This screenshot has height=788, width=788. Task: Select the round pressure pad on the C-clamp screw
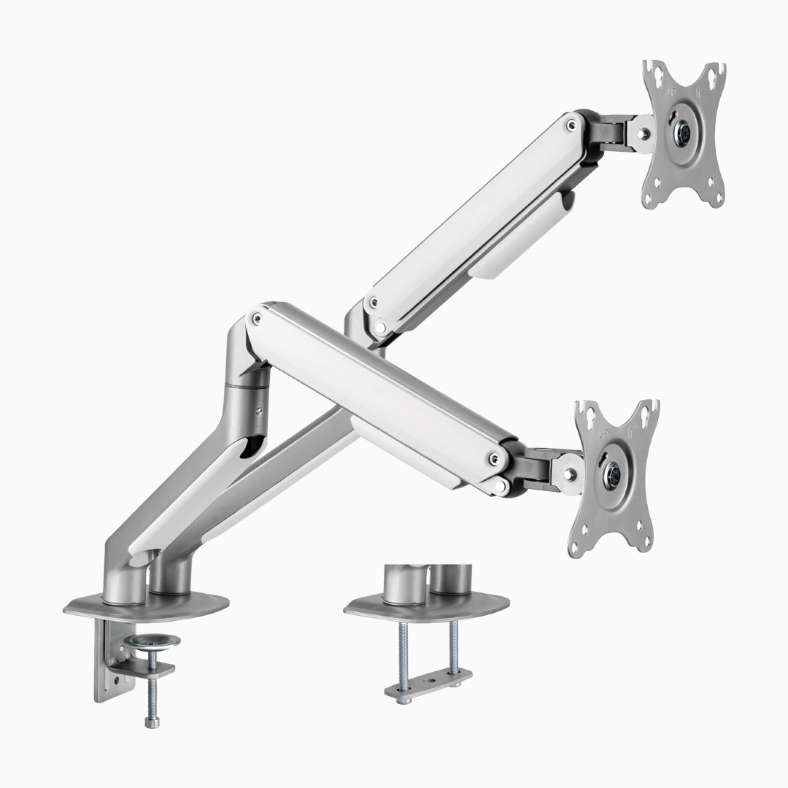pyautogui.click(x=152, y=641)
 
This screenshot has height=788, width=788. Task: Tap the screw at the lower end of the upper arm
pyautogui.click(x=374, y=301)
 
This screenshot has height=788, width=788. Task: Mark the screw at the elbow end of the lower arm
pyautogui.click(x=256, y=317)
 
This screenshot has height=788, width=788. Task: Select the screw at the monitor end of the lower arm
pyautogui.click(x=495, y=459)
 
